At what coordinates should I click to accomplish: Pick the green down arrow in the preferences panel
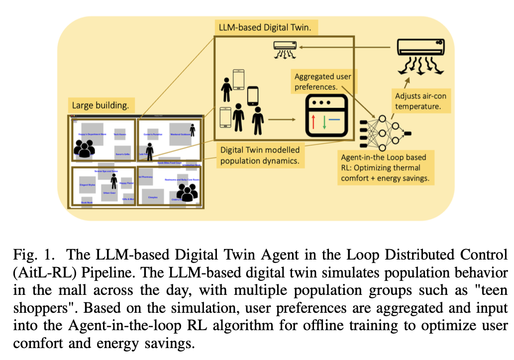(x=324, y=121)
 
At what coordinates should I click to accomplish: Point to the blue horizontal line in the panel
(x=334, y=119)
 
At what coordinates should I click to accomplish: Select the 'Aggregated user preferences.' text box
(x=323, y=82)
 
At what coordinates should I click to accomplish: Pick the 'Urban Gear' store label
(x=109, y=192)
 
